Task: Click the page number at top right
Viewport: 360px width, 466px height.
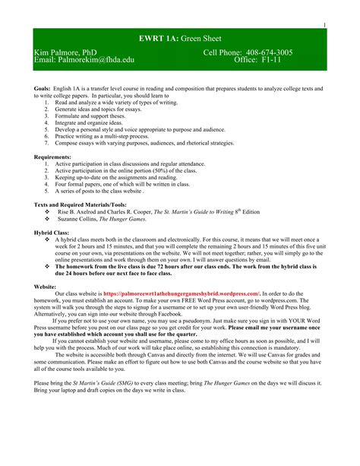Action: tap(325, 25)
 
